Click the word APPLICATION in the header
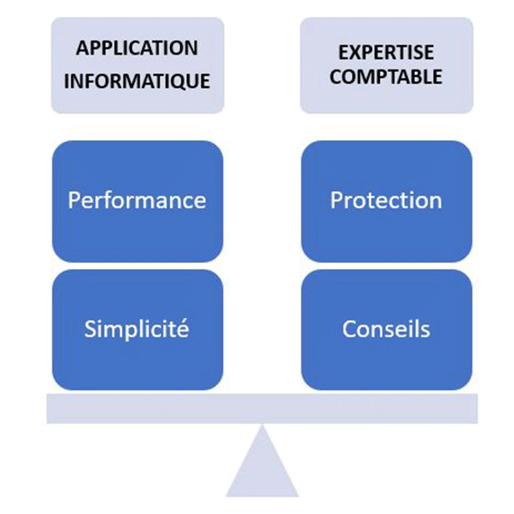pos(137,49)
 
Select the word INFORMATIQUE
pos(137,82)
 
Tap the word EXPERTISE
pos(386,52)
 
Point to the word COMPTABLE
pos(386,77)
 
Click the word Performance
pos(137,200)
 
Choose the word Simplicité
pos(137,329)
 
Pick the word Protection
pos(386,200)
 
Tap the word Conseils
pos(386,329)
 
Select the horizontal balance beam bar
pos(262,409)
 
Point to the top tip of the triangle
pos(262,427)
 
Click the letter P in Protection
pos(337,200)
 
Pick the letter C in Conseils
pos(349,329)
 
